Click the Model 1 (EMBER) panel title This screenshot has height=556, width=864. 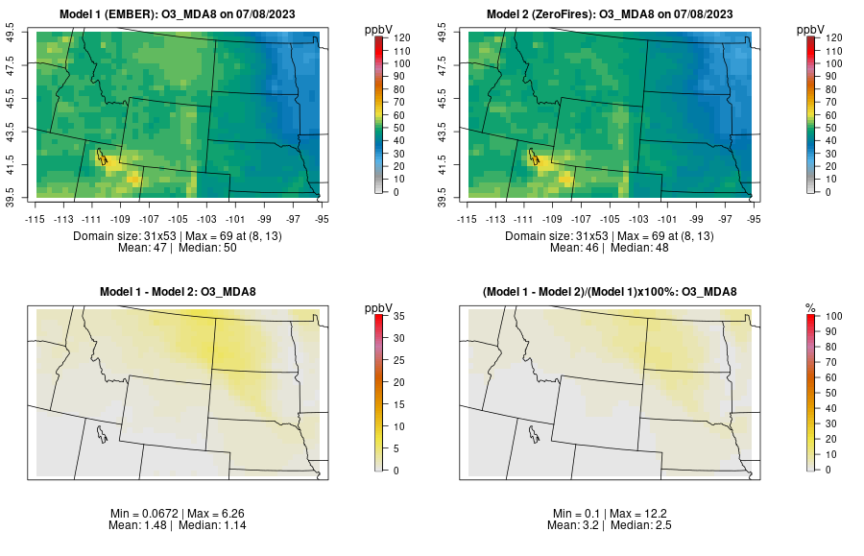182,14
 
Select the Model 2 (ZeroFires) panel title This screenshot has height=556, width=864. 612,14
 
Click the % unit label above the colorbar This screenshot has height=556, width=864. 810,307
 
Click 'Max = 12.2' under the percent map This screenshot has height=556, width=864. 643,514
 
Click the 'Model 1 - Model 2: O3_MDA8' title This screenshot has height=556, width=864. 182,292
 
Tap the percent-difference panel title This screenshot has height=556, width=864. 612,292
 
